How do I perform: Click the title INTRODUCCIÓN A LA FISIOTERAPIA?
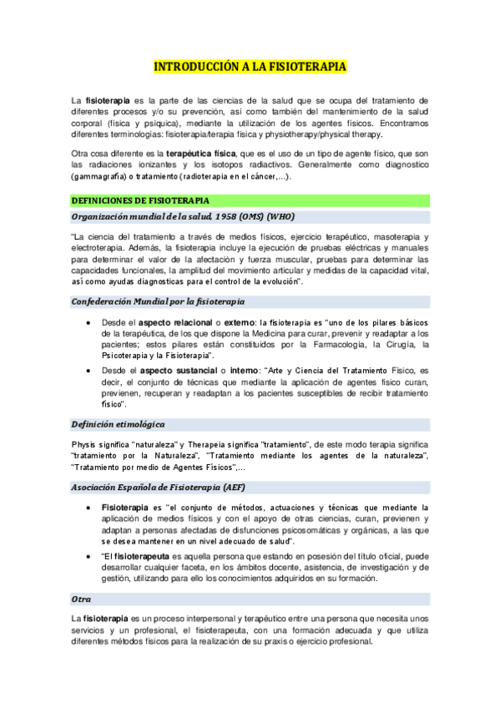pos(250,66)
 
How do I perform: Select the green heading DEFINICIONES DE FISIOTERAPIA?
pos(140,201)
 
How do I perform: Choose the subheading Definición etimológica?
pos(118,424)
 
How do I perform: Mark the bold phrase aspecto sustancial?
pos(165,369)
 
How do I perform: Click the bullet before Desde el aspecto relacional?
pos(89,321)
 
